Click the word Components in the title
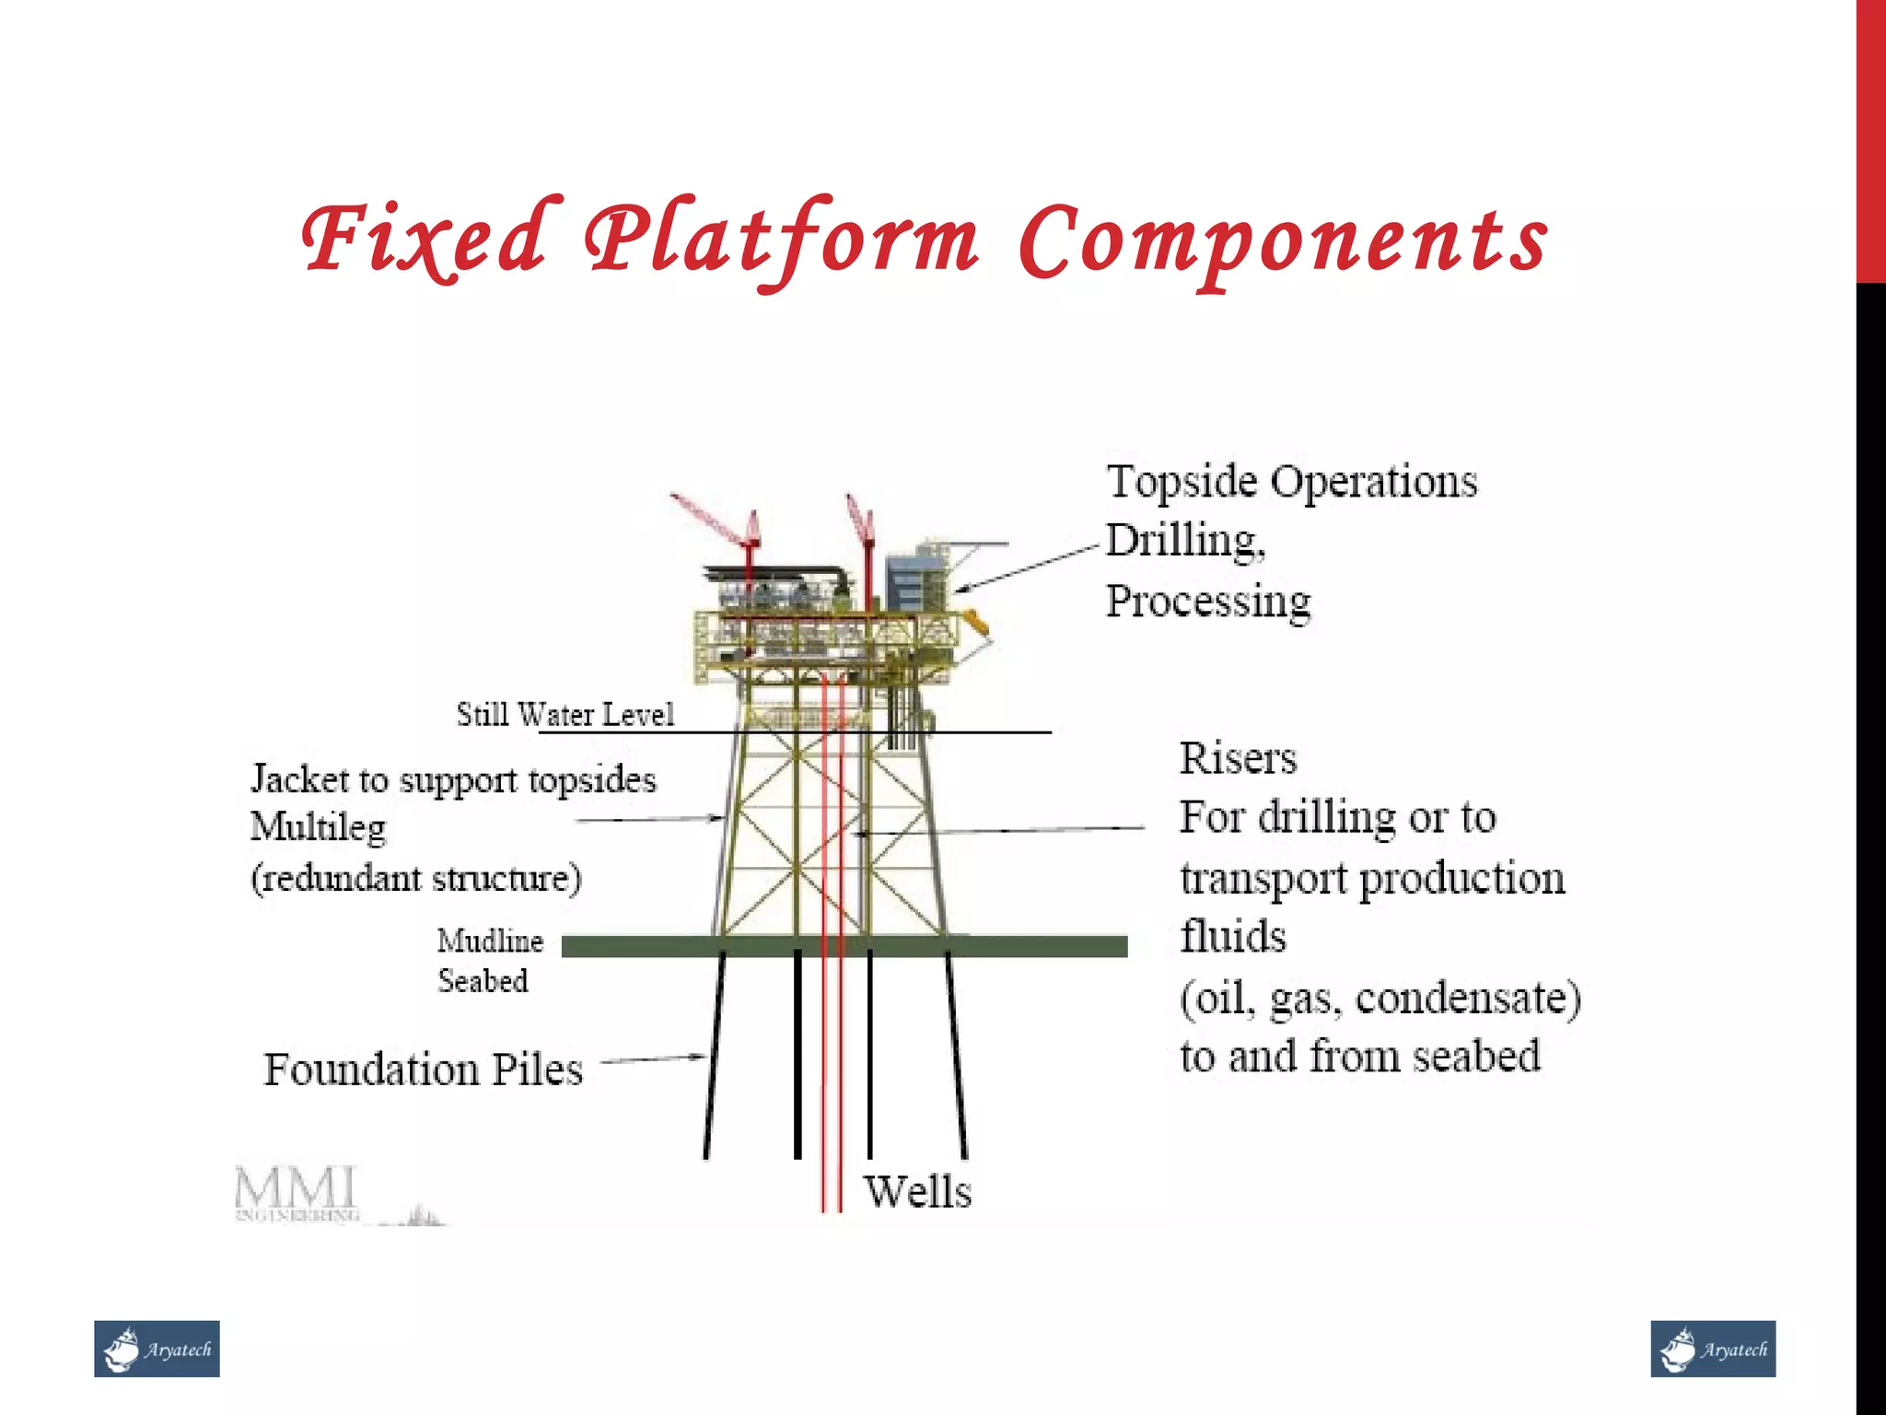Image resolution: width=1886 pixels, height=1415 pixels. click(1284, 241)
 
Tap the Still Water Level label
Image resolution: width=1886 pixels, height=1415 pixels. click(565, 715)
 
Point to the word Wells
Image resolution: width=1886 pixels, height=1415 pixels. click(917, 1192)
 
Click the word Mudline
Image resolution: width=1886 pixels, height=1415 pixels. click(490, 941)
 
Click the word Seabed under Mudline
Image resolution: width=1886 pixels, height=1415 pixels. click(483, 981)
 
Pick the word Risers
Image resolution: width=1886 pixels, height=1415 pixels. click(1238, 759)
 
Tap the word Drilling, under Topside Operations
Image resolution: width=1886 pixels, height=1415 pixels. click(1185, 542)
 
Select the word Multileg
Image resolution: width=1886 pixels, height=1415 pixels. click(319, 827)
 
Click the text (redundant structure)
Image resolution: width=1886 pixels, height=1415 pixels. click(416, 878)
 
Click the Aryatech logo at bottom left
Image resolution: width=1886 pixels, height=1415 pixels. click(157, 1350)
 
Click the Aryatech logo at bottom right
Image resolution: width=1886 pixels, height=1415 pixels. click(1713, 1350)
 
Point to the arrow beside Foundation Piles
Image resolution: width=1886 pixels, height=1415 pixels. click(652, 1059)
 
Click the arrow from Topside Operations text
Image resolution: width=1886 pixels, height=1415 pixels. click(1027, 567)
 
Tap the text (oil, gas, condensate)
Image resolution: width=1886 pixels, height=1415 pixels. click(1380, 999)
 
